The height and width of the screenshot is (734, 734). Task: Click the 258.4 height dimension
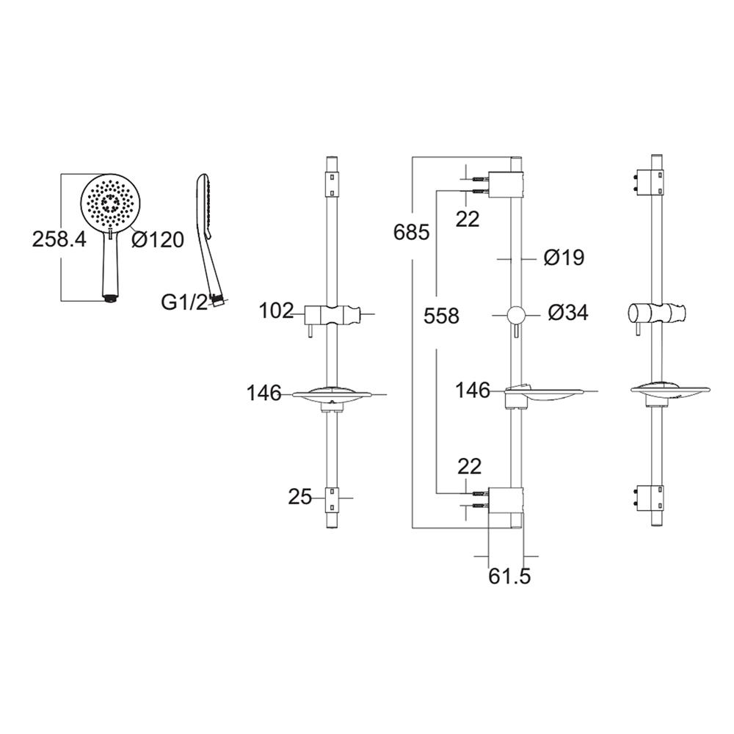(x=59, y=239)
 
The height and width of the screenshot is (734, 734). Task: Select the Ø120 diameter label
(x=158, y=240)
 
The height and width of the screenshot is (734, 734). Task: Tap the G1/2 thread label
(x=184, y=302)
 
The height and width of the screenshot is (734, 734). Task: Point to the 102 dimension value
(x=276, y=310)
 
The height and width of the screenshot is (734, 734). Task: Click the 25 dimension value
(x=299, y=497)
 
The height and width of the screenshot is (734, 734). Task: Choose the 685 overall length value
(x=412, y=232)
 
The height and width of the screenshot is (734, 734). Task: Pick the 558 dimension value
(x=441, y=316)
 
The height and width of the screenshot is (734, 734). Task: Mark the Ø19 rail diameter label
(x=564, y=258)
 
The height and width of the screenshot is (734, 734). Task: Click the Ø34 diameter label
(x=568, y=313)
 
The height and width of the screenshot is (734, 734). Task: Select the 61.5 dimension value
(x=510, y=576)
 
